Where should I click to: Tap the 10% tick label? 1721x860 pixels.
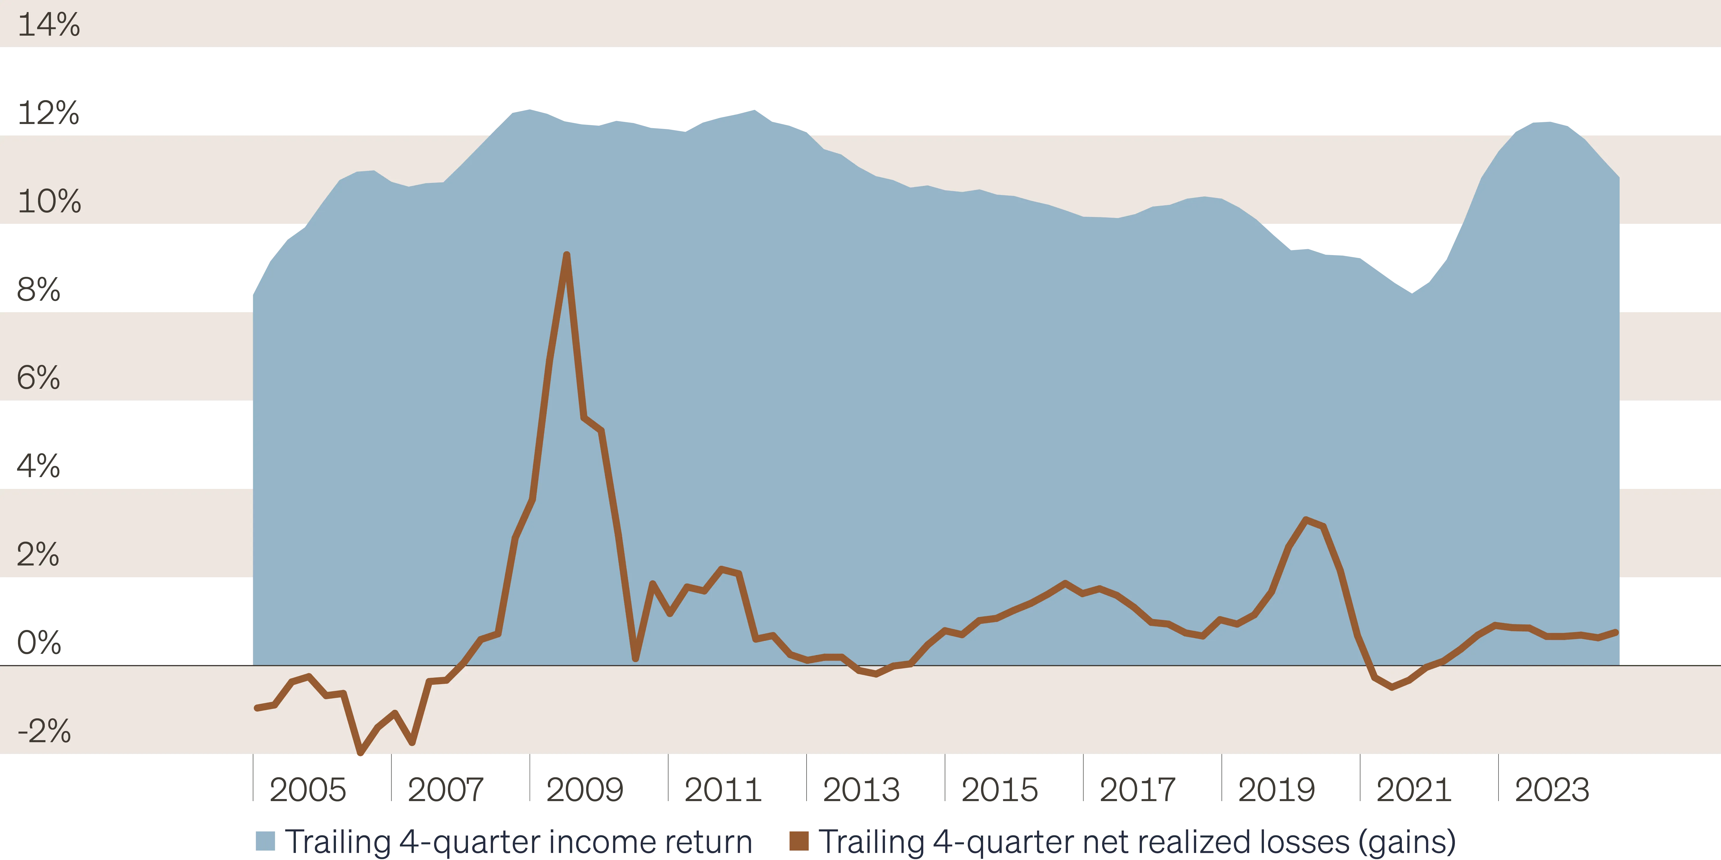[x=49, y=201]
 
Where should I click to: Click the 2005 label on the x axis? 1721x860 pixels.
[x=308, y=789]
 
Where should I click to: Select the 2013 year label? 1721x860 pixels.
[x=861, y=789]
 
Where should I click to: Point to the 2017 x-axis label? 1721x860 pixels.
[x=1138, y=789]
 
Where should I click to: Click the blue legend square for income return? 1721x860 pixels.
[x=265, y=841]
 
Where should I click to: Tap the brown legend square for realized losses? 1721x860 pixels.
[x=799, y=841]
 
